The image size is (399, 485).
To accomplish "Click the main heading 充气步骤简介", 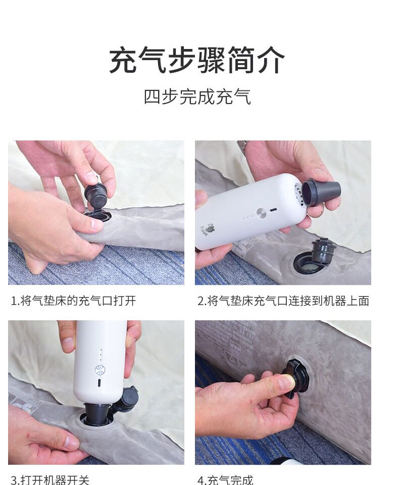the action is click(196, 60).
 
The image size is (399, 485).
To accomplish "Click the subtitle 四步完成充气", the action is click(197, 97).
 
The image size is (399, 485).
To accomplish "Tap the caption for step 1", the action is click(73, 300).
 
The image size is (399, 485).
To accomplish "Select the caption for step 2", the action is click(283, 300).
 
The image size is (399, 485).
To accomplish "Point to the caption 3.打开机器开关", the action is click(50, 480).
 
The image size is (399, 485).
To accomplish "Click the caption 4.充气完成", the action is click(225, 480).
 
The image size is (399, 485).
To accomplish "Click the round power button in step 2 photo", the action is click(261, 213).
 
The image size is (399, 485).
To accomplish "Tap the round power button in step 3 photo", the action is click(99, 370).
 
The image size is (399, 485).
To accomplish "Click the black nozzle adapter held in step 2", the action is click(321, 193).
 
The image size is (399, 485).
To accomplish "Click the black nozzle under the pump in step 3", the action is click(96, 413).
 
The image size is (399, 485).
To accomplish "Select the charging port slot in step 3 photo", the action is click(99, 383).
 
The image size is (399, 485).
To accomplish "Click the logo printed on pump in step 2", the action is click(210, 228).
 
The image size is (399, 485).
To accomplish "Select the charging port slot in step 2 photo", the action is click(273, 210).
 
